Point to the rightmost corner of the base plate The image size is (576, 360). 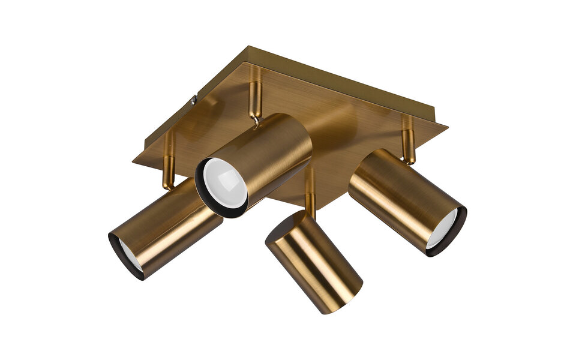tap(446, 126)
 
